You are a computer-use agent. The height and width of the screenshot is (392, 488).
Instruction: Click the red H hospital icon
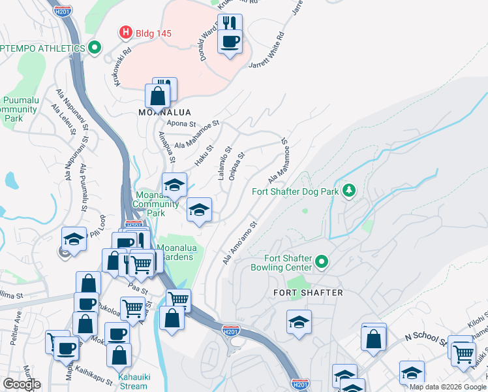point(124,32)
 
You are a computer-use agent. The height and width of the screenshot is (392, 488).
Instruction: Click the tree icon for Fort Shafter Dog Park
point(350,191)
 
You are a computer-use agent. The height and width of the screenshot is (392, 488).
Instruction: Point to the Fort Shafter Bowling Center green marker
point(322,263)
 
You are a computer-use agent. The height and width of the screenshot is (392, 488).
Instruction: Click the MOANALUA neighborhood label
point(164,112)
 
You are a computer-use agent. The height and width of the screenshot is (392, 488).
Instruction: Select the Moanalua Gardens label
point(175,252)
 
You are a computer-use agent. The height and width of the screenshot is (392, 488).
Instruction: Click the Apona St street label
point(181,123)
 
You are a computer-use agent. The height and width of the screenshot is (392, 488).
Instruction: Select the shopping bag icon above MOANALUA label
point(159,97)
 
